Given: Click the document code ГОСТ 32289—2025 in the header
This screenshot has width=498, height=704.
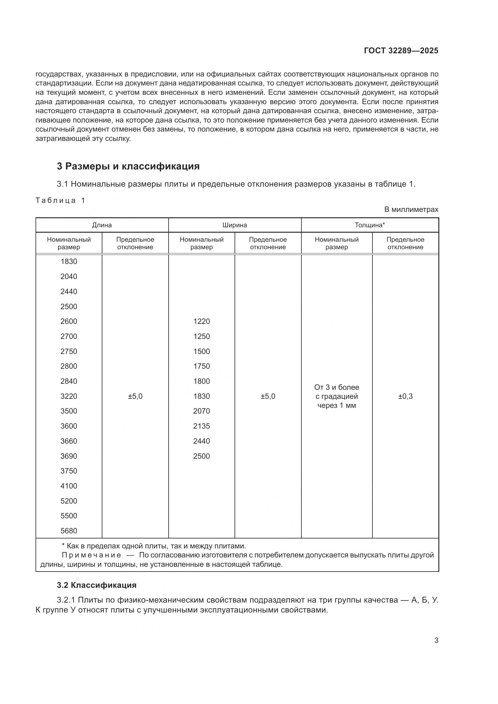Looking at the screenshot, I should click(401, 51).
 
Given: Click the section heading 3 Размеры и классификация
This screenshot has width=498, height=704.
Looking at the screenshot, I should click(128, 166).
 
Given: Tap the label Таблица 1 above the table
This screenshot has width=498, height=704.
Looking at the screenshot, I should click(60, 200).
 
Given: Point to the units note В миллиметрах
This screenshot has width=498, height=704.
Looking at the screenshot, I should click(411, 210).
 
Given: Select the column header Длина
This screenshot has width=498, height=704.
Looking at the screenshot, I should click(102, 225).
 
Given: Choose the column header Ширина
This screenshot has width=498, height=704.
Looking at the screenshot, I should click(235, 225).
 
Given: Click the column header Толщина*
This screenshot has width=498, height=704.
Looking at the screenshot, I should click(369, 225).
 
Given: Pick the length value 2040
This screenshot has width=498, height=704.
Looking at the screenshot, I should click(69, 277).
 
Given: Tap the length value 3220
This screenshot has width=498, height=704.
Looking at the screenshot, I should click(69, 396).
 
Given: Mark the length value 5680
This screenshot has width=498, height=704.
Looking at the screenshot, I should click(69, 531).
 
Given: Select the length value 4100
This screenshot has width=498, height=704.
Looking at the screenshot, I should click(69, 486).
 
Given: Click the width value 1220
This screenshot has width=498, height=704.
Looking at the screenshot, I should click(201, 322).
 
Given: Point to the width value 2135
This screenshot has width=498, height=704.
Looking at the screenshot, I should click(201, 426).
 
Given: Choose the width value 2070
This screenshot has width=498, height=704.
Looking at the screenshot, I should click(201, 411).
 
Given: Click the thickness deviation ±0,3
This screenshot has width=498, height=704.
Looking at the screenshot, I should click(405, 396).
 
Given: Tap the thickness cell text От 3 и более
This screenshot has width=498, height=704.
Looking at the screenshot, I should click(336, 388).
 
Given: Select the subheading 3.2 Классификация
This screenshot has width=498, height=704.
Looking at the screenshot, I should click(97, 585).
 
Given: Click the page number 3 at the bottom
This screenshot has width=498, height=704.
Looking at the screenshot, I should click(436, 640).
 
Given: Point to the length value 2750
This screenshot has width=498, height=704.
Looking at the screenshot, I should click(69, 352).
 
